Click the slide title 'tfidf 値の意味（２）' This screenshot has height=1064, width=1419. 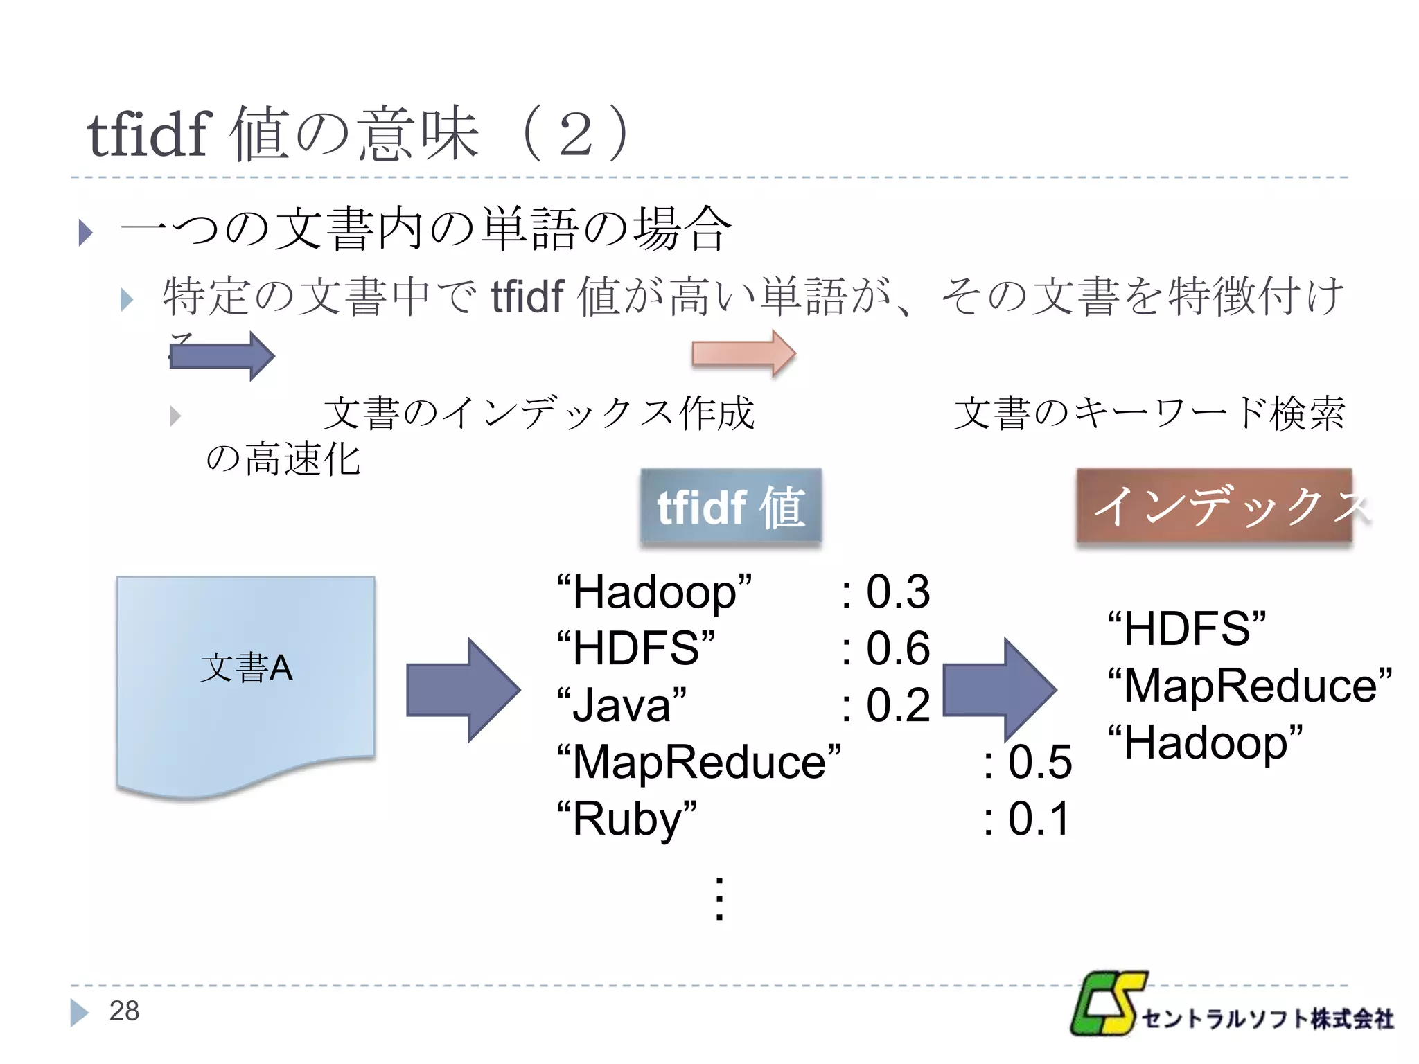(359, 133)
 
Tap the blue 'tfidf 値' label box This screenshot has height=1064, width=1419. (731, 506)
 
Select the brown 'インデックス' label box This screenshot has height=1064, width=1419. (1214, 506)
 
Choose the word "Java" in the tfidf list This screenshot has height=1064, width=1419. (622, 706)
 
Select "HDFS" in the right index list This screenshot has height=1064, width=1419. (1186, 629)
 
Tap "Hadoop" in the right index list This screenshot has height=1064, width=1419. (1205, 743)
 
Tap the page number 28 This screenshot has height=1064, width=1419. (124, 1011)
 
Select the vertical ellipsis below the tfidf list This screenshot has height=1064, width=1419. (719, 898)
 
